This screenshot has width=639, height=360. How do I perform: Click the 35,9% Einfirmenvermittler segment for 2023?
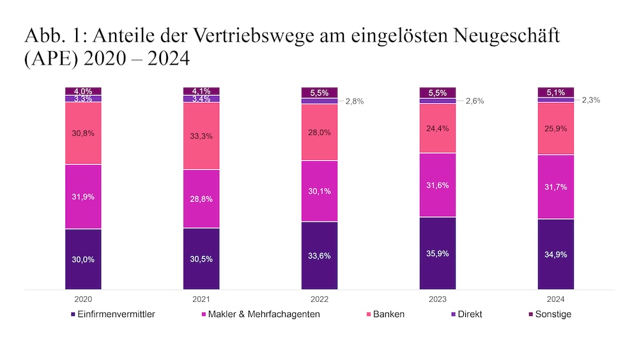tap(437, 253)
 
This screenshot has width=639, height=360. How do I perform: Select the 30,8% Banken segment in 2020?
tap(83, 133)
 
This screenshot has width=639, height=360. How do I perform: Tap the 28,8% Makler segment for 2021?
tap(201, 199)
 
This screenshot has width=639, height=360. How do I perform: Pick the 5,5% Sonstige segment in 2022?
tap(319, 92)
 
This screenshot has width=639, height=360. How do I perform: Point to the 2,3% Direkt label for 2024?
tap(591, 100)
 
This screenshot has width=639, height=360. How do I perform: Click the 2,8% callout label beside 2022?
tap(355, 101)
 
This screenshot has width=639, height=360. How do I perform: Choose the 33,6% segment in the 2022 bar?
tap(319, 256)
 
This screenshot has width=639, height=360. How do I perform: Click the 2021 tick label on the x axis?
tap(201, 299)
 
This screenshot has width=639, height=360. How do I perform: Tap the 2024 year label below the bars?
tap(555, 299)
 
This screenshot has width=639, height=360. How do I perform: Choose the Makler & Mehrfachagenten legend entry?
tap(263, 314)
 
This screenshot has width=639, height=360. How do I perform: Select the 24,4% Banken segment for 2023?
tap(437, 128)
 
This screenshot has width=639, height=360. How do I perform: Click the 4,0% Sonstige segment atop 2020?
tap(83, 91)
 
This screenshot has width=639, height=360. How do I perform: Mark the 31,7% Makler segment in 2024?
tap(555, 187)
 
